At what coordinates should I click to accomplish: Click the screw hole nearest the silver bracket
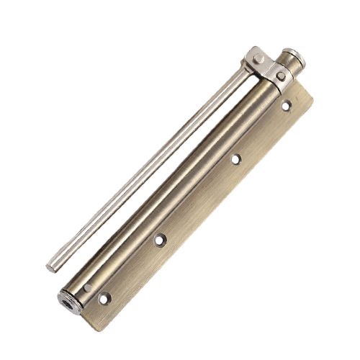(285, 106)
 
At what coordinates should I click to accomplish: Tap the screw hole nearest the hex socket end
(106, 295)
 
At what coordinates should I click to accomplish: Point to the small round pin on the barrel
(87, 288)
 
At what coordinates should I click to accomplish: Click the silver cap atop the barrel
(292, 55)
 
